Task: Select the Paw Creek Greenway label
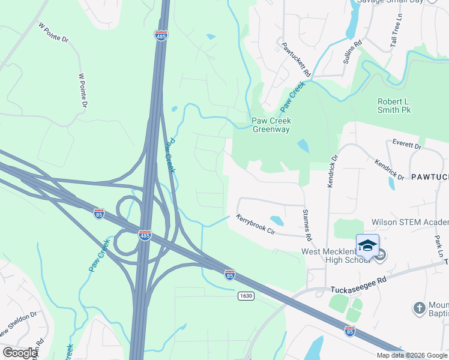pyautogui.click(x=271, y=125)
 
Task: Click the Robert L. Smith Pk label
pyautogui.click(x=394, y=106)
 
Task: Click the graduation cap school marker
pyautogui.click(x=367, y=245)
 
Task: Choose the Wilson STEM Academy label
pyautogui.click(x=410, y=223)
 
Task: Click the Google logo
pyautogui.click(x=20, y=353)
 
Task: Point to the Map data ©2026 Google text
pyautogui.click(x=411, y=355)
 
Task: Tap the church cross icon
pyautogui.click(x=419, y=308)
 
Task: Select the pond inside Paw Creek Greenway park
pyautogui.click(x=304, y=146)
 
